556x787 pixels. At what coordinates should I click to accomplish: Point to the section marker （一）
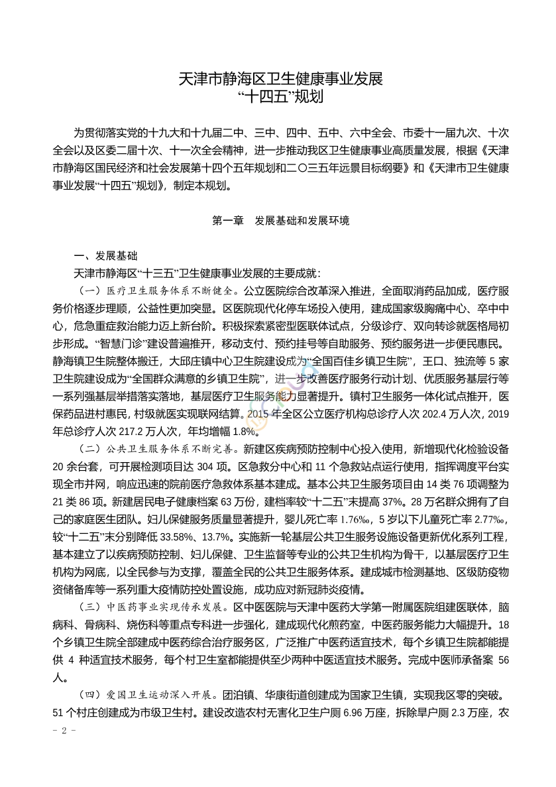89,290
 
